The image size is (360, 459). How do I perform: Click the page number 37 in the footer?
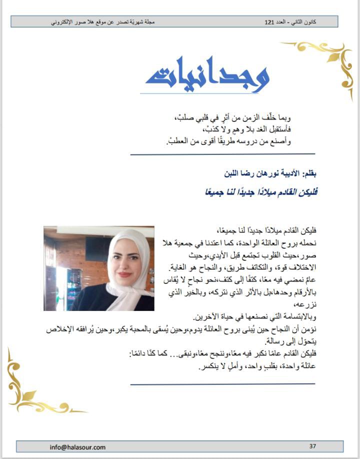[x=313, y=446]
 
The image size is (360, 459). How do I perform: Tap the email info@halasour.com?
[x=77, y=447]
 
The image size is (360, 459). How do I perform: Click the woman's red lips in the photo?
[x=125, y=274]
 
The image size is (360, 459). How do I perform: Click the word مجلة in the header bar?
[x=148, y=22]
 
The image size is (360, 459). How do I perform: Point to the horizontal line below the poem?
[x=222, y=154]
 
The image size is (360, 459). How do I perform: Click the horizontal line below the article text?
[x=222, y=384]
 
